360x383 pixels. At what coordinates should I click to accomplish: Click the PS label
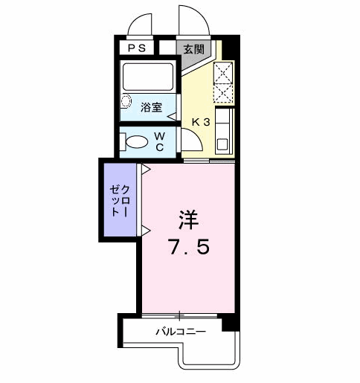coord(137,49)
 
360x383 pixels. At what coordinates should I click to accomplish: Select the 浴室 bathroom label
coord(151,106)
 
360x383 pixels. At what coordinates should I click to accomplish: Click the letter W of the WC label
coord(160,136)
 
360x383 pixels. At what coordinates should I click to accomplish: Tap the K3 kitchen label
coord(202,122)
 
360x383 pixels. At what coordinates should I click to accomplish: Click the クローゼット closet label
coord(119,200)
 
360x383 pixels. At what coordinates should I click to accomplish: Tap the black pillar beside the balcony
coord(231,323)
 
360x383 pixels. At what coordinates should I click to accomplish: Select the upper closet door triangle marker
coord(146,171)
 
